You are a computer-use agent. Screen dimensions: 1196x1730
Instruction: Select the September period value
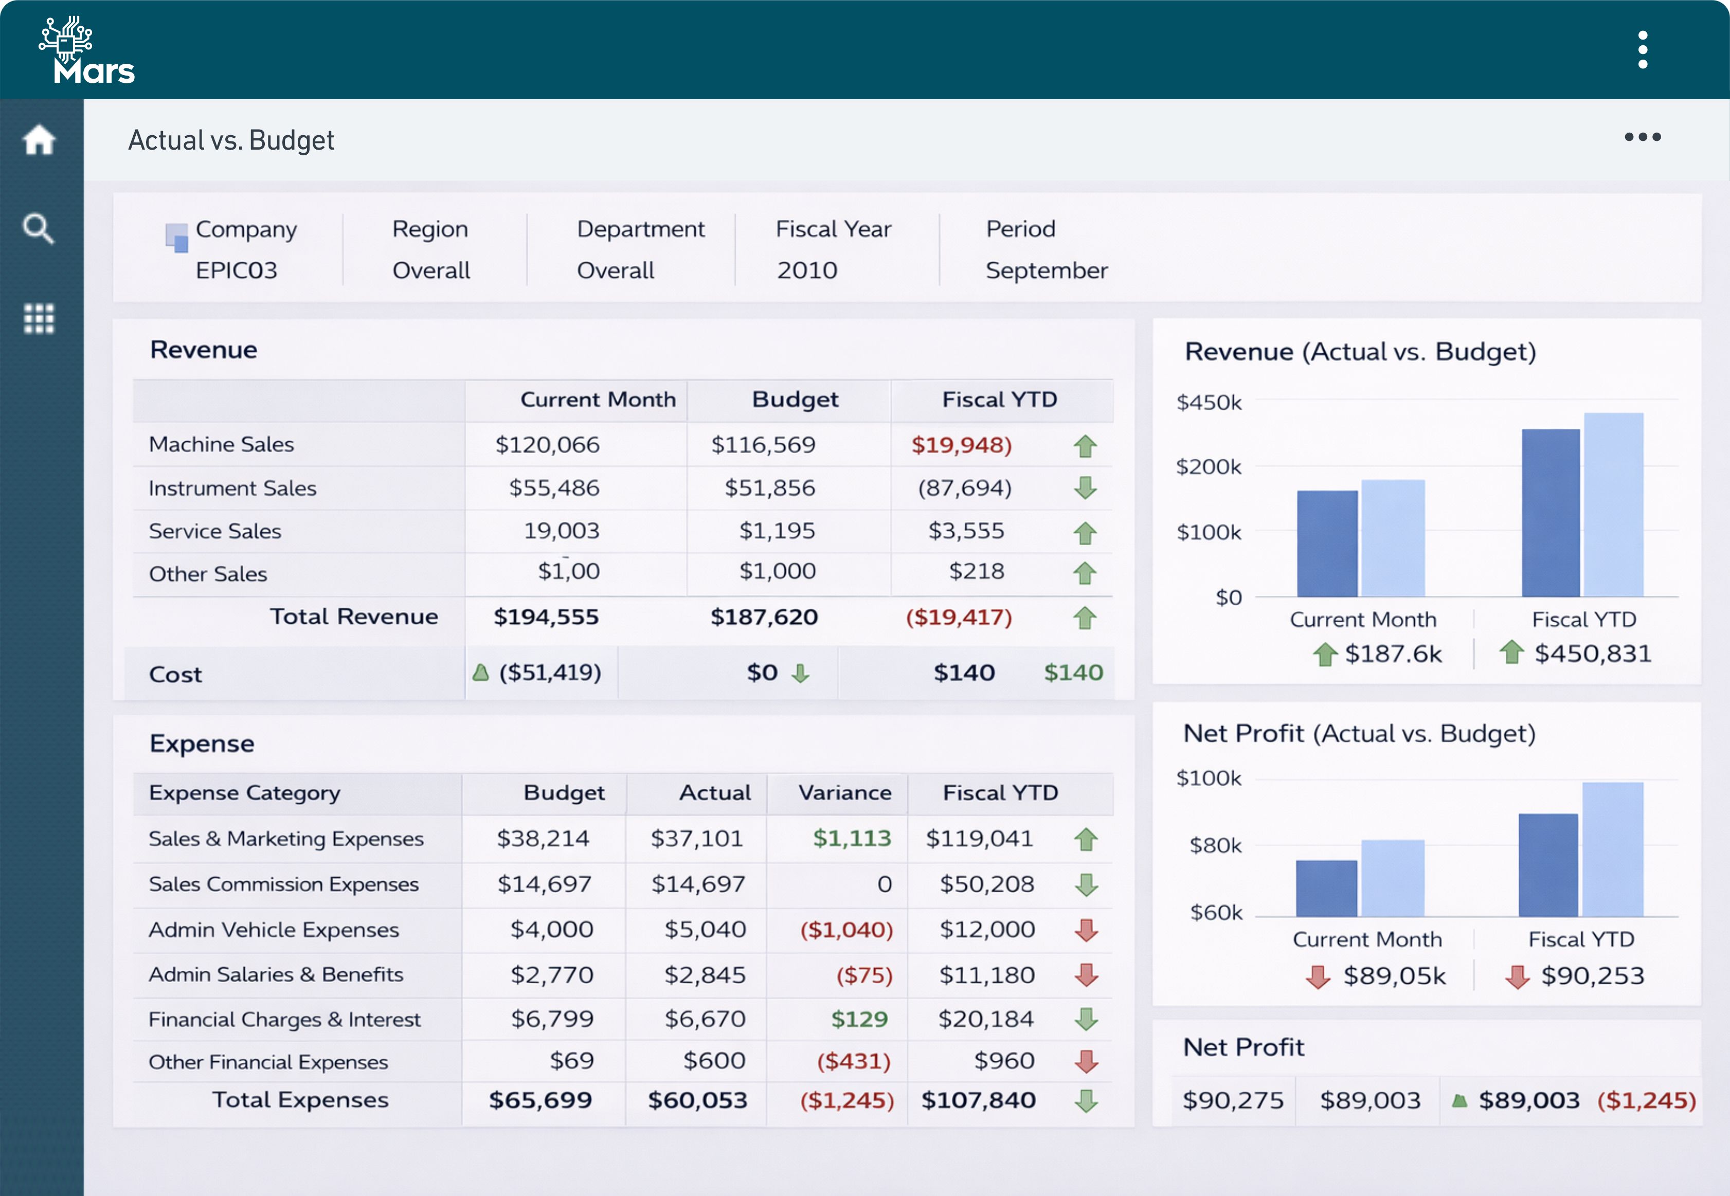pos(1047,270)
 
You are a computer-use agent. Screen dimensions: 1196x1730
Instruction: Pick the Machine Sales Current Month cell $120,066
pos(547,445)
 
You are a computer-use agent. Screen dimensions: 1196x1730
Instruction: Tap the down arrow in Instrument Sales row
pos(1085,488)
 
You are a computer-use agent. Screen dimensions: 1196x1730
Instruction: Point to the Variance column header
pos(845,793)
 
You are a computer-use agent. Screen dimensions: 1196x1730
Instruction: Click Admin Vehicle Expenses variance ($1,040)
pos(846,930)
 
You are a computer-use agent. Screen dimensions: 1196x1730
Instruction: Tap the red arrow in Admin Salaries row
pos(1086,975)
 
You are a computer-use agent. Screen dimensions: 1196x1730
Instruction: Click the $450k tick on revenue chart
pos(1209,403)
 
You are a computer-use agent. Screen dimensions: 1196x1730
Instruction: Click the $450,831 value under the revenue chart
pos(1592,654)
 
